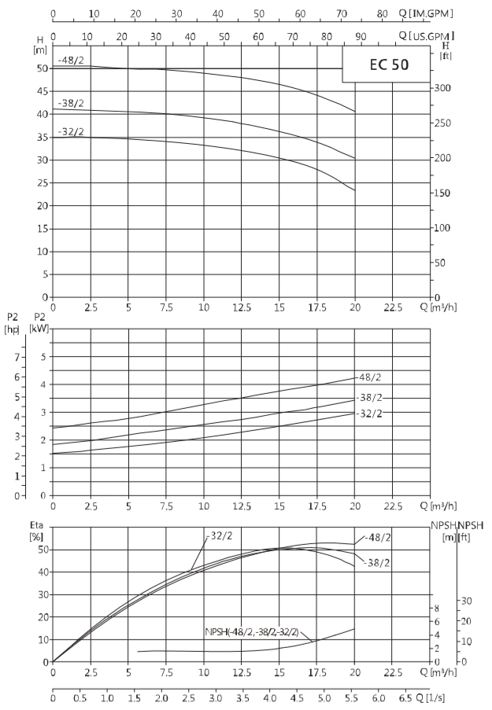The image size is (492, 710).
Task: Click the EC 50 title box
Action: click(x=386, y=64)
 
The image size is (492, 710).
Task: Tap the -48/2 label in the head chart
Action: click(x=71, y=60)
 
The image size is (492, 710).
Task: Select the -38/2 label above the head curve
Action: click(x=71, y=103)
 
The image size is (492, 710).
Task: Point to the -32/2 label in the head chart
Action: click(x=71, y=132)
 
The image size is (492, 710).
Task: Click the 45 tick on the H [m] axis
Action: click(x=43, y=91)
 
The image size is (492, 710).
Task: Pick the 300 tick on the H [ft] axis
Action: click(x=442, y=88)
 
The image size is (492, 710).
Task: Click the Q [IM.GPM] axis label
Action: click(x=426, y=13)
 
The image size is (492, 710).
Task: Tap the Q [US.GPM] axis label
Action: click(x=426, y=35)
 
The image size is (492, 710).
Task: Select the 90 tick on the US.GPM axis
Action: click(x=361, y=37)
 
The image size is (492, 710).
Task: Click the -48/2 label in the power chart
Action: click(x=369, y=377)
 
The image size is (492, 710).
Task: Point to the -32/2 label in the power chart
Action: click(x=369, y=414)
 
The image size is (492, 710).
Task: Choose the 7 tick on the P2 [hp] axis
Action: click(x=17, y=357)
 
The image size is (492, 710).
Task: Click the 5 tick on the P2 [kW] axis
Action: click(x=43, y=357)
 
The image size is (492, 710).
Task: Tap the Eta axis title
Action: click(x=36, y=525)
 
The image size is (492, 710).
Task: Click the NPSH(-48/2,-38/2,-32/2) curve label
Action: click(x=252, y=631)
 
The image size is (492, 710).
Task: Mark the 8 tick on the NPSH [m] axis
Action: click(x=437, y=608)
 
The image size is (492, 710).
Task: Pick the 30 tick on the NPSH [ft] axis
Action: click(x=467, y=601)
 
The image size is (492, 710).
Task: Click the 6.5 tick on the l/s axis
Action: click(x=406, y=697)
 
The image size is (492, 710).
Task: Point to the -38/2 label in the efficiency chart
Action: click(x=376, y=563)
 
